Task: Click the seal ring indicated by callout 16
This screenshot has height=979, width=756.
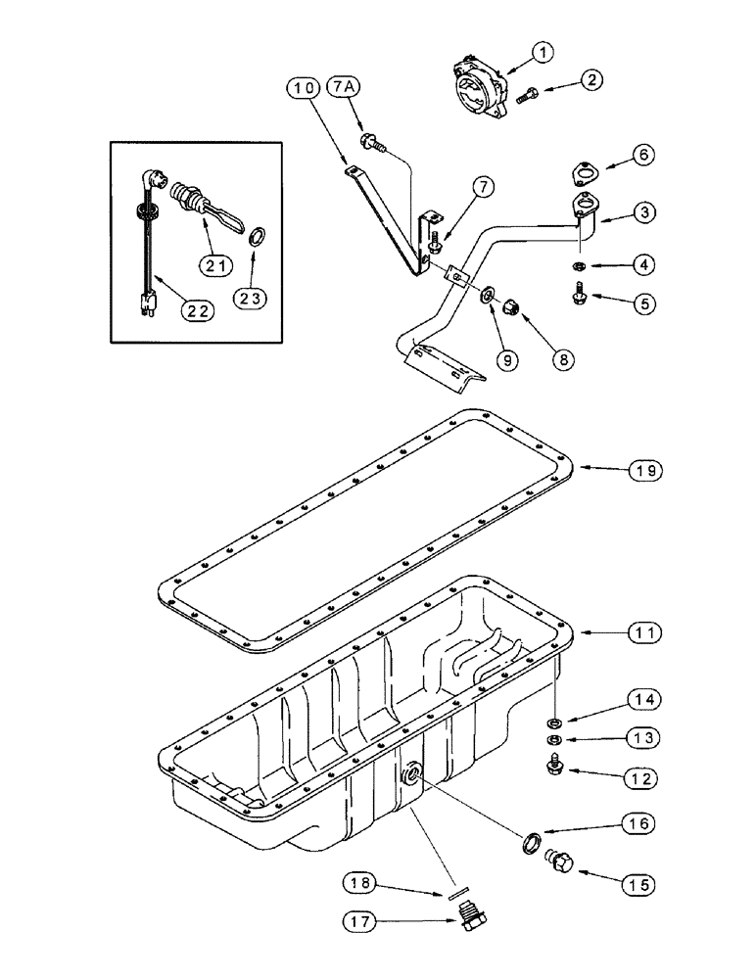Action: [x=530, y=842]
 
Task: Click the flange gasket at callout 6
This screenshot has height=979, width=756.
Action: [x=584, y=176]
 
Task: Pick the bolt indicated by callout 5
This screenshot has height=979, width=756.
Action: [x=580, y=290]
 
